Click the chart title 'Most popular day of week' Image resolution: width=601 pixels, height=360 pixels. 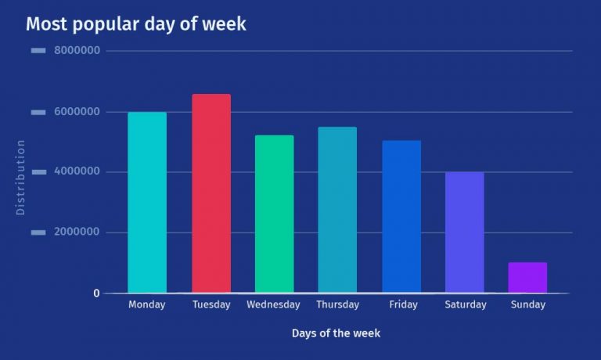coord(135,24)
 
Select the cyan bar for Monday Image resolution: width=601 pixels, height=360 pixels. coord(147,203)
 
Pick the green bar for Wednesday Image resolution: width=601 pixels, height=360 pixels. coord(274,214)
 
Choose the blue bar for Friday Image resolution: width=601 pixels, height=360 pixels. coord(401,217)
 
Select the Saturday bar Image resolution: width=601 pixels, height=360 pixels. coord(464,232)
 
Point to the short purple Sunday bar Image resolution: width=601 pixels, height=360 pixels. coord(527,277)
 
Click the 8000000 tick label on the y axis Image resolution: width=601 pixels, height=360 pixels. coord(77,52)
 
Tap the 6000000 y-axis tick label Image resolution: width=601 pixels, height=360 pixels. coord(77,112)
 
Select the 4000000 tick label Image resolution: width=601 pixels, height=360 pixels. coord(77,172)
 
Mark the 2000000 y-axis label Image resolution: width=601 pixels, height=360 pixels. coord(77,232)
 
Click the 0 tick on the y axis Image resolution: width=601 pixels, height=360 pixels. coord(96,293)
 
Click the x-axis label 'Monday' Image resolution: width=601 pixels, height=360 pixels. coord(147,305)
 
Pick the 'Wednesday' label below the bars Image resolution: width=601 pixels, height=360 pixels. coord(273,305)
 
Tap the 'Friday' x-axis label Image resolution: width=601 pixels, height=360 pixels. coord(401,305)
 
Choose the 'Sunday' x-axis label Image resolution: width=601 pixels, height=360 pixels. coord(527,305)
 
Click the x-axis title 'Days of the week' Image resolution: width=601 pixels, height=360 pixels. coord(336,333)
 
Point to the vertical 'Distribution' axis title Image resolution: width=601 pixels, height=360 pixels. coord(21,178)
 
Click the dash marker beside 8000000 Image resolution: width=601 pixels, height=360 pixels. coord(38,52)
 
